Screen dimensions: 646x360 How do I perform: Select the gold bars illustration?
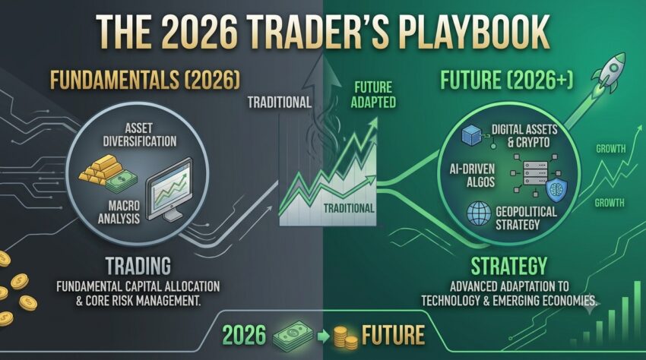[101, 169]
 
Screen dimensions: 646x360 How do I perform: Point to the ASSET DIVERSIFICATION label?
[140, 134]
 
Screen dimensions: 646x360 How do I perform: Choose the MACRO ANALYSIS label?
[119, 212]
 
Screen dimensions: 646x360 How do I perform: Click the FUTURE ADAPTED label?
[373, 95]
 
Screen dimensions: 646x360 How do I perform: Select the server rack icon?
[536, 173]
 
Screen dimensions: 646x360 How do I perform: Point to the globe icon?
[479, 213]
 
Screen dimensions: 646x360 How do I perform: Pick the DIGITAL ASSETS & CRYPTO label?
[524, 136]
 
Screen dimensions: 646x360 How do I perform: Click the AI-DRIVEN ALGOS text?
[472, 175]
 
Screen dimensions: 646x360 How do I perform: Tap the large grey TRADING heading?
[138, 266]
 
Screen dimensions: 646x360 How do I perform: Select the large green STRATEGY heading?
[509, 266]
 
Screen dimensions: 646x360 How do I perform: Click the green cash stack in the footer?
[293, 334]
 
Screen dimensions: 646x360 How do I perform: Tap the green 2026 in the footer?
[244, 335]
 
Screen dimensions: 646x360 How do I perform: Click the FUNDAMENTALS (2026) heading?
[145, 80]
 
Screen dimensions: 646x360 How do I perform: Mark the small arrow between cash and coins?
[324, 336]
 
